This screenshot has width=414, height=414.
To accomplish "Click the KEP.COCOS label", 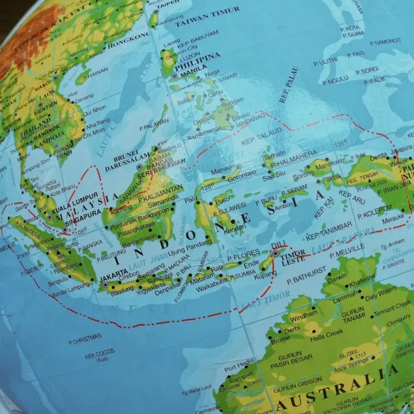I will click(98, 357).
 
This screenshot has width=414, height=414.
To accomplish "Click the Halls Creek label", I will click(327, 334).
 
